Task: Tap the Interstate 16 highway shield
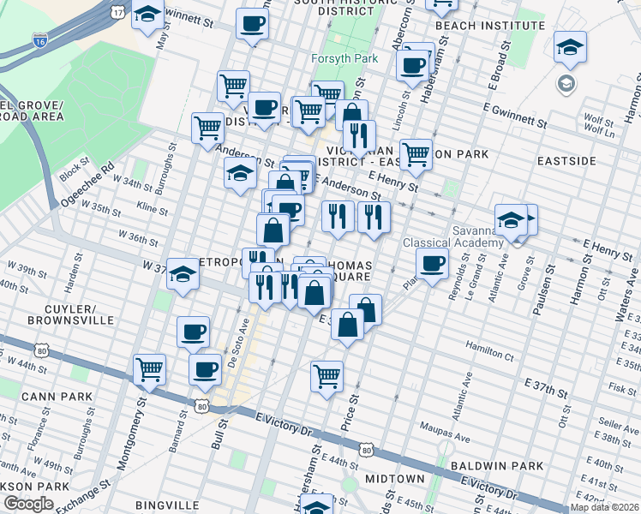click(x=39, y=39)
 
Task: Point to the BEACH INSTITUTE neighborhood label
click(x=478, y=26)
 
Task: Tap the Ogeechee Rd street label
click(x=87, y=184)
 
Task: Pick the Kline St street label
click(x=153, y=208)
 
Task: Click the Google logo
click(x=28, y=505)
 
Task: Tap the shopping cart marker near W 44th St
click(x=150, y=370)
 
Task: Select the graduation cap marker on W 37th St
click(x=183, y=274)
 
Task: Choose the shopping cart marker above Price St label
click(x=327, y=375)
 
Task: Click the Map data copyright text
click(x=604, y=507)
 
